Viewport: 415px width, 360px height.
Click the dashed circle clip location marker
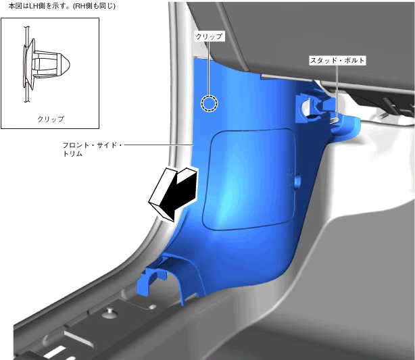pos(209,103)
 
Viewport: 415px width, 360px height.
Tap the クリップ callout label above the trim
pos(210,36)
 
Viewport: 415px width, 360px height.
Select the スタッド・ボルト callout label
pos(337,61)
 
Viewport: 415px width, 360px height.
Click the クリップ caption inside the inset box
pos(51,119)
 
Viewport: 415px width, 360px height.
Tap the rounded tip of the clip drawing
pos(66,65)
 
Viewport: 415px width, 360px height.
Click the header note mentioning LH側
pos(62,5)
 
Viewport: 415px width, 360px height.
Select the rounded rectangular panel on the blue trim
pos(249,179)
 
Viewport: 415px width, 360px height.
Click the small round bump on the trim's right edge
pos(297,182)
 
